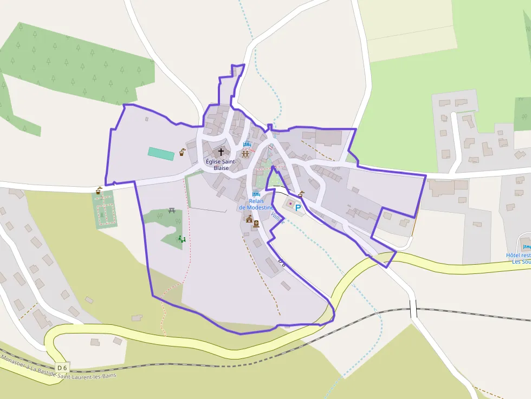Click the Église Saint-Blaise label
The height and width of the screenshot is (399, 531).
click(x=221, y=165)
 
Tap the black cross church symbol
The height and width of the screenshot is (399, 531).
click(x=221, y=152)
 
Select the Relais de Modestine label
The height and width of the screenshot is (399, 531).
click(x=256, y=204)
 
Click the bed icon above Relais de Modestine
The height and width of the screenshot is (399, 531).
click(x=256, y=194)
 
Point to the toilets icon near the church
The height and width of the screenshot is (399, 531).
click(x=245, y=154)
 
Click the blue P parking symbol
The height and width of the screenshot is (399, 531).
click(x=297, y=207)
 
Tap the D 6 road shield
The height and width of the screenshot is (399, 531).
click(x=62, y=368)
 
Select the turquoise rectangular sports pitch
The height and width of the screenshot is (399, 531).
click(x=161, y=154)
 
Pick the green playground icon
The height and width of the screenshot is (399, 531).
click(x=182, y=238)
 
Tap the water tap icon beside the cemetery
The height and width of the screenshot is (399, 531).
click(x=99, y=191)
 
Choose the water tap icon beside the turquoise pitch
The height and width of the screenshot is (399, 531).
click(x=183, y=152)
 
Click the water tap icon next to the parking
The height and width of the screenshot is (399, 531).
click(x=301, y=194)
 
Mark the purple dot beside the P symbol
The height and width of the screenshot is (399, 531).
click(x=290, y=204)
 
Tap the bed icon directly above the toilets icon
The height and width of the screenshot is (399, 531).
click(x=248, y=145)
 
